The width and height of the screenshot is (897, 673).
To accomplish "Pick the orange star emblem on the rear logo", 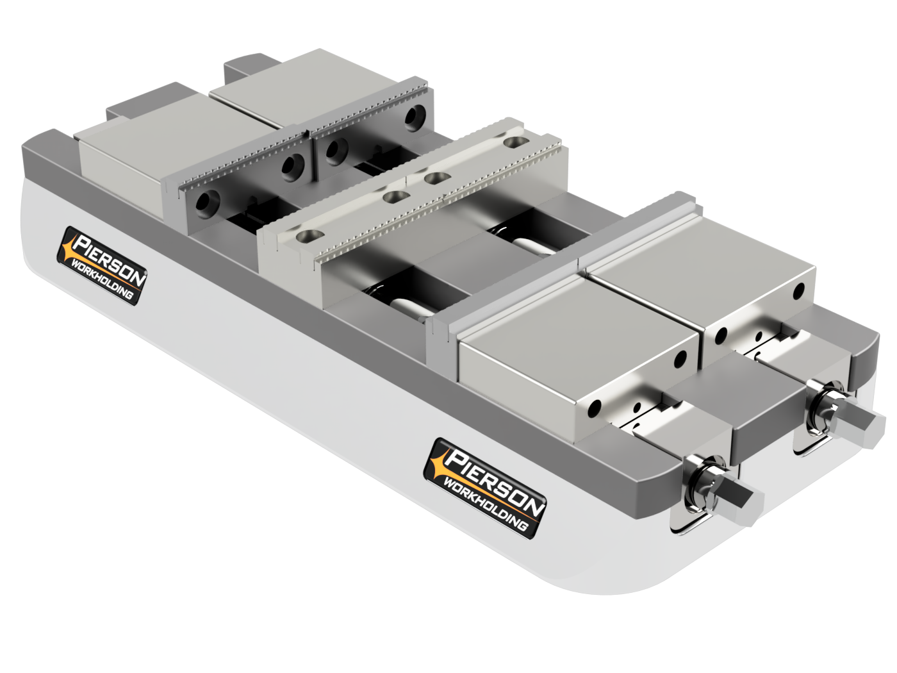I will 68,247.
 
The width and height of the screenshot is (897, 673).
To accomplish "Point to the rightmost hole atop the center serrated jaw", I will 513,142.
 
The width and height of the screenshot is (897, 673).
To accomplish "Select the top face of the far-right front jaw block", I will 698,276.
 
